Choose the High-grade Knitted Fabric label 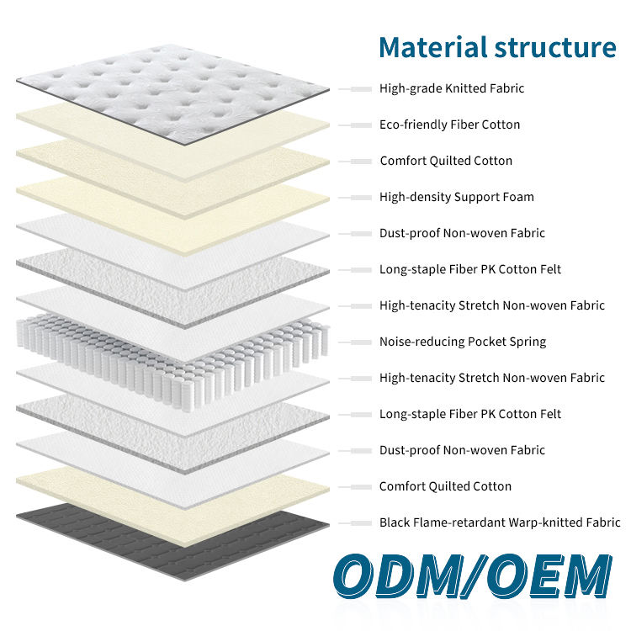[452, 88]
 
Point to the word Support [476, 197]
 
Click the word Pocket [487, 342]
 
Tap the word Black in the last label [395, 522]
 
